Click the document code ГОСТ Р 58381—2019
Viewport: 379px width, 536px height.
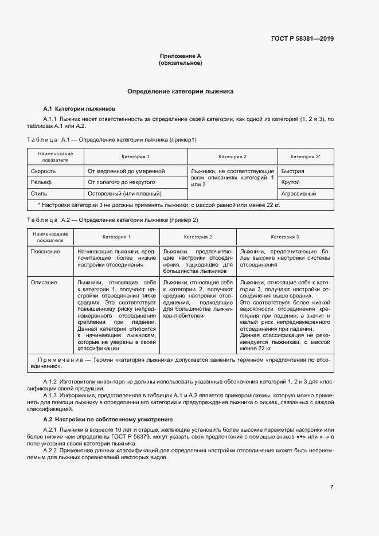(x=302, y=39)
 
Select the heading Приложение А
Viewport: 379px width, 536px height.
(x=180, y=56)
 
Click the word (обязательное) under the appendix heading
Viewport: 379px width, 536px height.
(x=180, y=63)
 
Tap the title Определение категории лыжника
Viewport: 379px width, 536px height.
(x=180, y=92)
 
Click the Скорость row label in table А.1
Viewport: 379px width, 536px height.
(x=43, y=171)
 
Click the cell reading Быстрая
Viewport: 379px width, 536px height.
(x=292, y=171)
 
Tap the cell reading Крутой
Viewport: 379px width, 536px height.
(x=291, y=182)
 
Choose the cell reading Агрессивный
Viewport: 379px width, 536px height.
(x=299, y=194)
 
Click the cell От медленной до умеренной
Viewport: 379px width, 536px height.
(x=126, y=171)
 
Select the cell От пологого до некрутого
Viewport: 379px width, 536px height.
(x=122, y=182)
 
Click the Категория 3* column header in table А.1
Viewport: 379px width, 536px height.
(x=305, y=157)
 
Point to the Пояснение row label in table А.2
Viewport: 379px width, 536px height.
(x=45, y=251)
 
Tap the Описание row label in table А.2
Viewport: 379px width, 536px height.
(x=44, y=282)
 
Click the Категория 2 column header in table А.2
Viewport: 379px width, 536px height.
(x=198, y=237)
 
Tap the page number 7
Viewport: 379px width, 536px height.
(x=331, y=487)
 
